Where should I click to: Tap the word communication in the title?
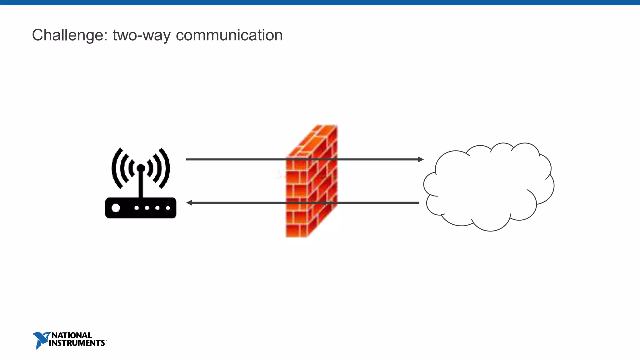click(229, 35)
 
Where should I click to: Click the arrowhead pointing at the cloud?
click(421, 159)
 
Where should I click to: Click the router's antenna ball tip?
click(141, 168)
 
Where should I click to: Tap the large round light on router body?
click(116, 208)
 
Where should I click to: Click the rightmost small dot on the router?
click(168, 208)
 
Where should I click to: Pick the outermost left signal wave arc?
click(116, 169)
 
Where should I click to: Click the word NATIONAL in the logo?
click(72, 335)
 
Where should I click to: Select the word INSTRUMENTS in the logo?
click(77, 343)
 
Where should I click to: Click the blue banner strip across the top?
click(320, 2)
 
